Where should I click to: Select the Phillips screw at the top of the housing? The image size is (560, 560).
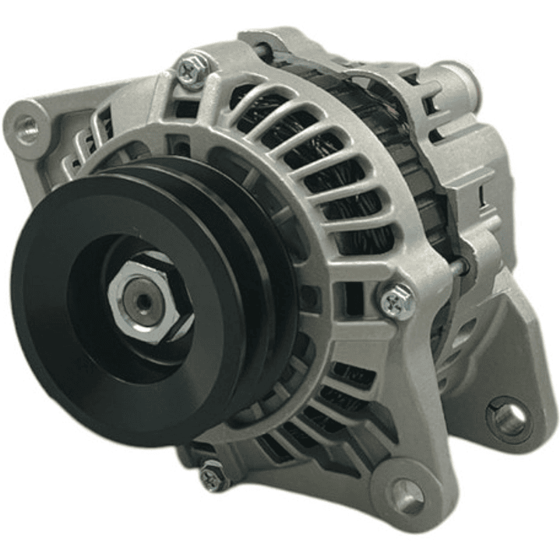point(191,70)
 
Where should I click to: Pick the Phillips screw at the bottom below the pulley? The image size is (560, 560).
point(211,474)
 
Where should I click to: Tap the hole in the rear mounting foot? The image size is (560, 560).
point(509,420)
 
